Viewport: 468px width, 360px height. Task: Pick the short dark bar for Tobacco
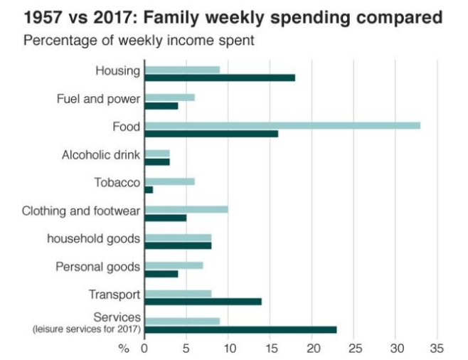[x=149, y=190]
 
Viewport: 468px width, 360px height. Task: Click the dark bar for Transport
[x=203, y=302]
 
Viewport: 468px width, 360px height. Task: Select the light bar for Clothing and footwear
[x=186, y=209]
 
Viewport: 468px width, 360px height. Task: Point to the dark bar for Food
[x=211, y=134]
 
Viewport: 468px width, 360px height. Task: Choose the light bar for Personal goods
[x=174, y=265]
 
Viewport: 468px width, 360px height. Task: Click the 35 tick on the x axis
[x=437, y=349]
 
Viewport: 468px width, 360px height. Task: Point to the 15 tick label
[x=271, y=349]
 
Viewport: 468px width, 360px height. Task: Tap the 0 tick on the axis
[x=144, y=349]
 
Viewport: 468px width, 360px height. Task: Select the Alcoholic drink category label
[x=101, y=155]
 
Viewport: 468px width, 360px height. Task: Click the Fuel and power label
[x=98, y=99]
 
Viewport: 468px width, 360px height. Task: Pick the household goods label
[x=93, y=238]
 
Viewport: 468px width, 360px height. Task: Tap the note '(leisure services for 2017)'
[x=86, y=329]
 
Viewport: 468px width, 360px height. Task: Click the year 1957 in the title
[x=41, y=16]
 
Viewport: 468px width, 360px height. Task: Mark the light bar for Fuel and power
[x=169, y=97]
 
